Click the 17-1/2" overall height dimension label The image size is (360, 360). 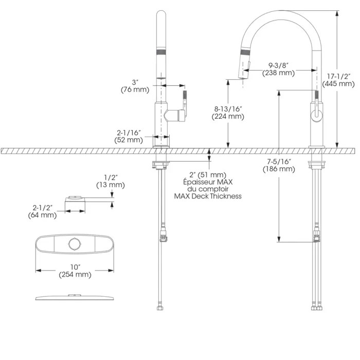pos(338,75)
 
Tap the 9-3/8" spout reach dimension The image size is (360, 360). pos(278,65)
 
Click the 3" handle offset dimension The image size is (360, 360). pos(135,82)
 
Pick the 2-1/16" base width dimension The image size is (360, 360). pos(129,132)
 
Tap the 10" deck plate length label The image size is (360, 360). pos(76,266)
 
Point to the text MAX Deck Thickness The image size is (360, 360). pos(207,196)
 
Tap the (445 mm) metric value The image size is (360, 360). pos(338,83)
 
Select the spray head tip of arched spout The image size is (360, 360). pos(241,76)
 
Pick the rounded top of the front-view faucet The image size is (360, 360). pos(162,15)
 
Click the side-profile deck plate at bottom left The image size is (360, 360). pos(76,297)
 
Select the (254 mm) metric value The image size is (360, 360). pos(76,274)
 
